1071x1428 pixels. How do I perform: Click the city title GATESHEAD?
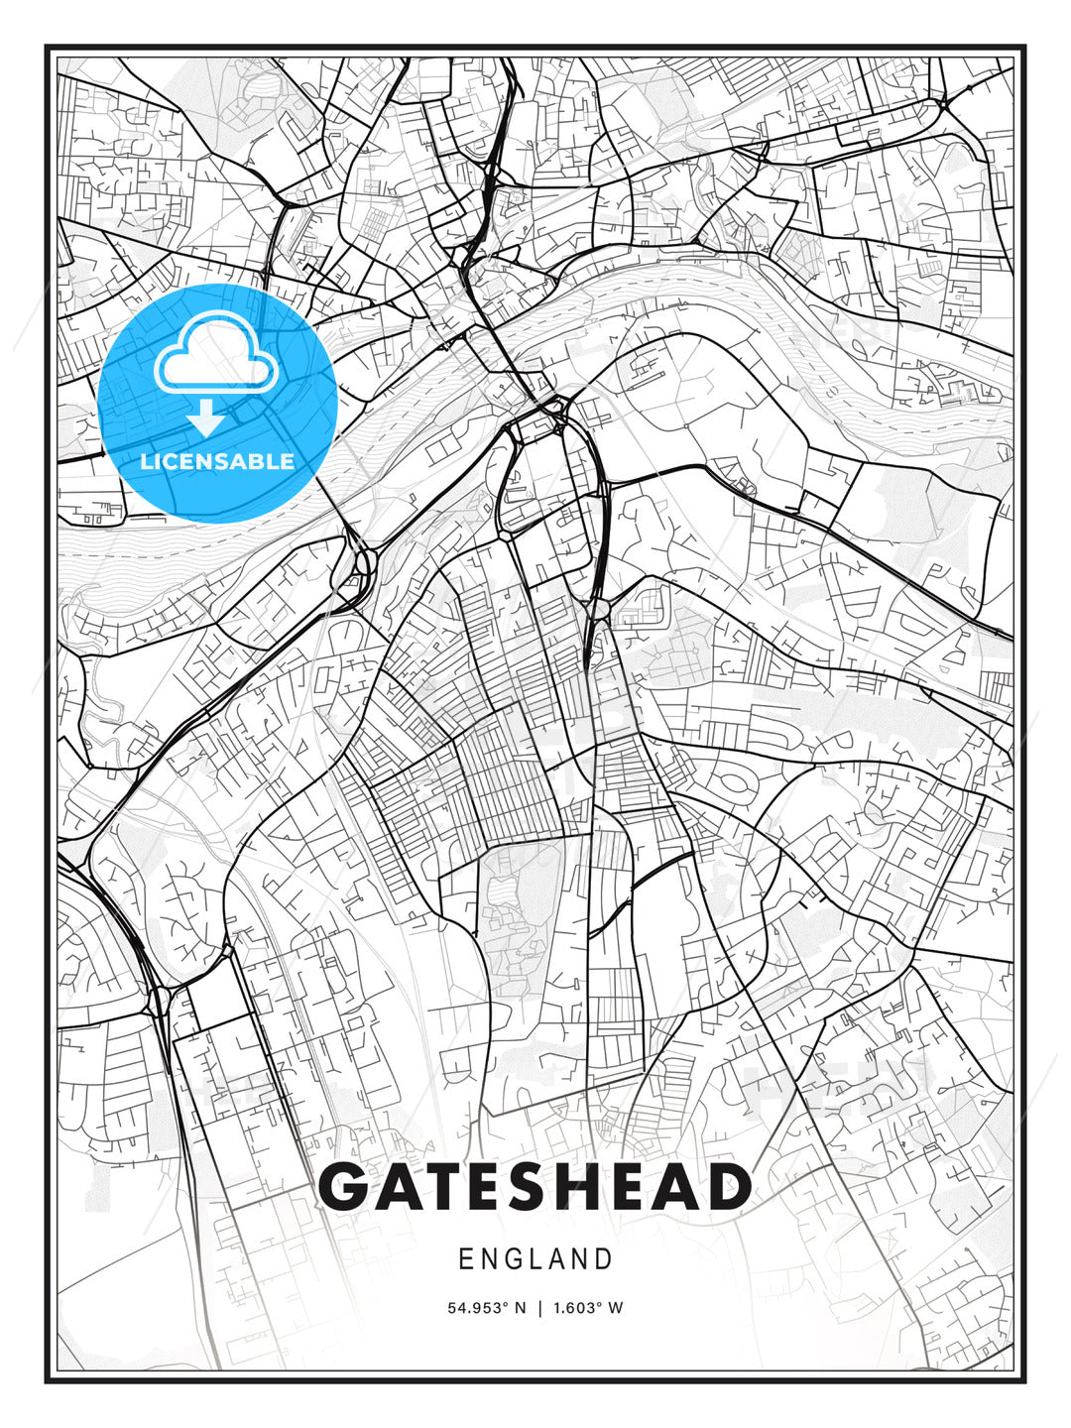(535, 1187)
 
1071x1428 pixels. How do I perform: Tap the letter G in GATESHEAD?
(346, 1187)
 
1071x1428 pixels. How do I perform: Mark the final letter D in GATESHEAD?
(725, 1187)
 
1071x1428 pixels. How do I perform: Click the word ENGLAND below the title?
(535, 1259)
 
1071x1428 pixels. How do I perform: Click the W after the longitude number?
(616, 1308)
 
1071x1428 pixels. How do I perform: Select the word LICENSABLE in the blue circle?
(217, 462)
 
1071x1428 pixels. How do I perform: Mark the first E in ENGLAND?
(465, 1259)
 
